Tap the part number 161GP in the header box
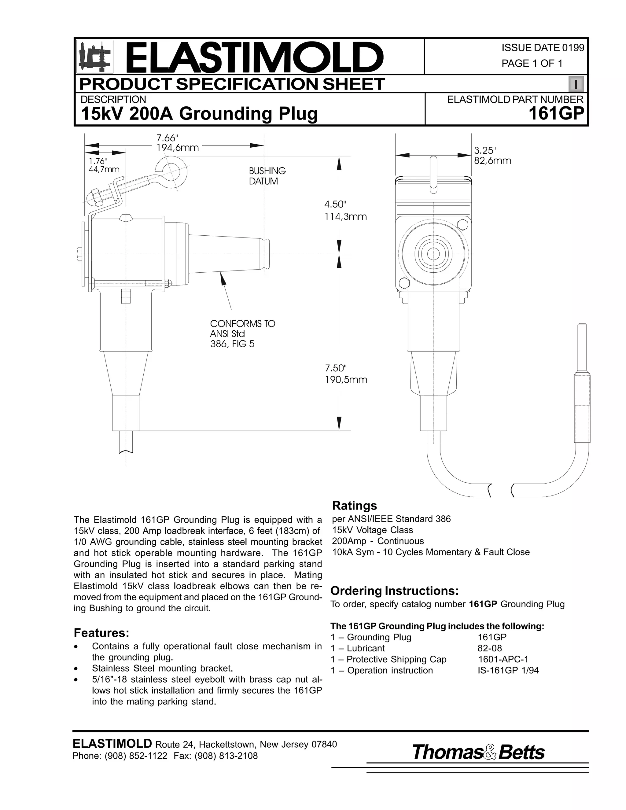[x=556, y=113]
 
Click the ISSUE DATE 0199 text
[x=543, y=48]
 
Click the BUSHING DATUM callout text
[x=267, y=176]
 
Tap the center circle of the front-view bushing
[x=433, y=254]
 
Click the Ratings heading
[x=354, y=506]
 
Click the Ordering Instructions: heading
[x=394, y=591]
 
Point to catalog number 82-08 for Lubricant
[x=490, y=648]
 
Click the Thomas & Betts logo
[x=478, y=752]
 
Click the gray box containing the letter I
[x=576, y=84]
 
